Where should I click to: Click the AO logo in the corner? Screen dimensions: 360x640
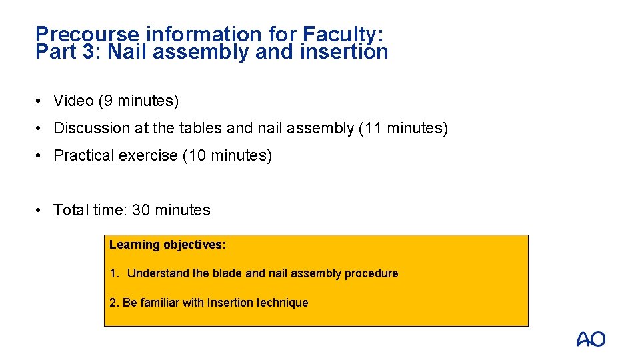pyautogui.click(x=591, y=339)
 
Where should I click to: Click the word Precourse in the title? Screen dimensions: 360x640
pyautogui.click(x=88, y=34)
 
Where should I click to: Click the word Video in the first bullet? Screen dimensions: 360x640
pyautogui.click(x=73, y=101)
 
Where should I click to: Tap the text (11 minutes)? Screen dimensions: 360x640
pyautogui.click(x=403, y=128)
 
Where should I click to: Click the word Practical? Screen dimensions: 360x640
pyautogui.click(x=82, y=155)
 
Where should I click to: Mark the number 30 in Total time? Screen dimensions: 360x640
pyautogui.click(x=141, y=210)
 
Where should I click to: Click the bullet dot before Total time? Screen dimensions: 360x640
pyautogui.click(x=41, y=210)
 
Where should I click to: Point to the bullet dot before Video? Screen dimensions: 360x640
pyautogui.click(x=41, y=101)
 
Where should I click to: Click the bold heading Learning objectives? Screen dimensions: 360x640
pyautogui.click(x=168, y=245)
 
